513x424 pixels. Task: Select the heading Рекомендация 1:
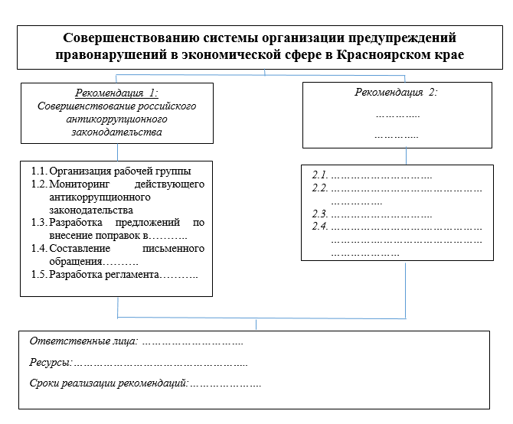[x=116, y=93]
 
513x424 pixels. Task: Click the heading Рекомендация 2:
[x=396, y=93]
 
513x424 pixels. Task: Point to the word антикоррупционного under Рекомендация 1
[x=116, y=119]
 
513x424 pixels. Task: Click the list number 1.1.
[x=39, y=171]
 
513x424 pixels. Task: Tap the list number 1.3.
[x=39, y=223]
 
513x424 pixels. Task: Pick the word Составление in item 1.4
[x=81, y=249]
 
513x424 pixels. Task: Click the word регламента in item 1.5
[x=129, y=274]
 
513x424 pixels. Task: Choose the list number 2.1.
[x=320, y=176]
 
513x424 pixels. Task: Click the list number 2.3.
[x=320, y=214]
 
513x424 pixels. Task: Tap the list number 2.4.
[x=320, y=227]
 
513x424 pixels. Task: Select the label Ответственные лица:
[x=83, y=341]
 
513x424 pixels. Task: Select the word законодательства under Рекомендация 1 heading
[x=116, y=132]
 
